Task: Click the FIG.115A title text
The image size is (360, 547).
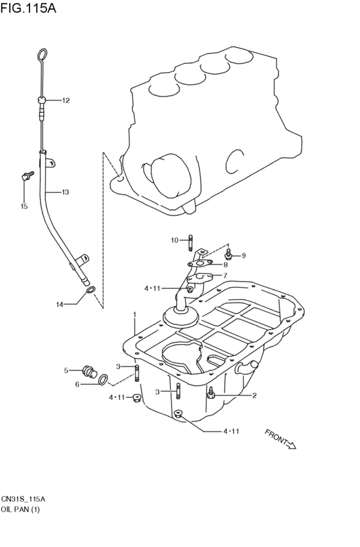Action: coord(28,8)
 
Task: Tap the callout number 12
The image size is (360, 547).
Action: coord(66,100)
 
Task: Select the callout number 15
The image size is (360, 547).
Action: coord(24,206)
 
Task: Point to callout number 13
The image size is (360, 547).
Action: coord(65,192)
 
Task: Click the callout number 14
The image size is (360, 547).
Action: coord(60,305)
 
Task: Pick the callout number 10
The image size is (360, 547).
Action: coord(175,240)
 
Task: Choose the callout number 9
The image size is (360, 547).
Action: coord(244,256)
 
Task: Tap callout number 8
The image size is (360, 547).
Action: coord(226,265)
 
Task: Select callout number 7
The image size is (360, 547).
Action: coord(226,275)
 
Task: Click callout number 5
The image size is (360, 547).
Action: coord(66,370)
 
